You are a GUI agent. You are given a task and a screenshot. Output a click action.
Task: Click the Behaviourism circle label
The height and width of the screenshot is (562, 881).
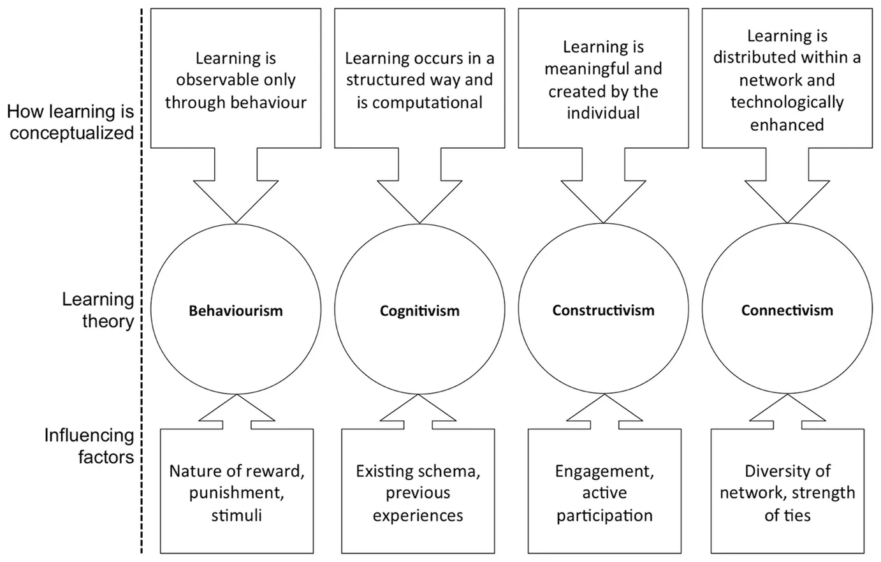tap(236, 311)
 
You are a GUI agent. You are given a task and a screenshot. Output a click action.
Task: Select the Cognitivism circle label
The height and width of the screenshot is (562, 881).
tap(419, 311)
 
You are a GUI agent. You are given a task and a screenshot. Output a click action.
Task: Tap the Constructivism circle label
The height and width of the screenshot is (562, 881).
tap(603, 311)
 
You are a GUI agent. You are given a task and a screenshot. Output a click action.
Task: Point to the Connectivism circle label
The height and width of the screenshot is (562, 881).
tap(787, 311)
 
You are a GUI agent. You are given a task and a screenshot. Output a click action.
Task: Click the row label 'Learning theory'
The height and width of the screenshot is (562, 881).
tap(98, 310)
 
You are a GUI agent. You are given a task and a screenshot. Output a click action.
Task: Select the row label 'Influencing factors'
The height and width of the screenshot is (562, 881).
tap(89, 446)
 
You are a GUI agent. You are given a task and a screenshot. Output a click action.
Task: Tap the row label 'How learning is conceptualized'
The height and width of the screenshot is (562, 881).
tap(71, 122)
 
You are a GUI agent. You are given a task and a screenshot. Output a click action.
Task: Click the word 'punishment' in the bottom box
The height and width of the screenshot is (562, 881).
tap(236, 493)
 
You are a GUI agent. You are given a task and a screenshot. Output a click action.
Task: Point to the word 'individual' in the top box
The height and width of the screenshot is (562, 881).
tap(603, 114)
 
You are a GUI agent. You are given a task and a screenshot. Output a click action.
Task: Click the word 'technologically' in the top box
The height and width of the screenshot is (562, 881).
tap(787, 103)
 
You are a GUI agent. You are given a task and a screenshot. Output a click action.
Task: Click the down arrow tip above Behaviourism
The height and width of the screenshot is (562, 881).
tap(236, 222)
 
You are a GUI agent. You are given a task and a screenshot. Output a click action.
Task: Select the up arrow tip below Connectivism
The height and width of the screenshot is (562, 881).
tap(787, 396)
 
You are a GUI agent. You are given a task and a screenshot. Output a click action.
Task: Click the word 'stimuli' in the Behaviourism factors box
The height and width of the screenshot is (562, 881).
tap(236, 515)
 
